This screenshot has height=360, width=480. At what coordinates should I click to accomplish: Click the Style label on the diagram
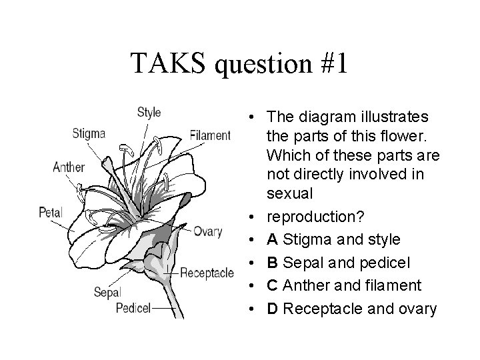click(x=149, y=112)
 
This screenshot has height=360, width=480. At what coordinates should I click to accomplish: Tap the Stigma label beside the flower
click(x=89, y=133)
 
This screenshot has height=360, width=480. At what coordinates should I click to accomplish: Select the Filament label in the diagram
click(x=210, y=135)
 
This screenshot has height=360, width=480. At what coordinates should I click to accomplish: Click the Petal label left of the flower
click(x=50, y=213)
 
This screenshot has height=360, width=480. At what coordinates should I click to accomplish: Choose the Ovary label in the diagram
click(x=207, y=231)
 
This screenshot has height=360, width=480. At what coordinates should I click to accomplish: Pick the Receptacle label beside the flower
click(x=207, y=272)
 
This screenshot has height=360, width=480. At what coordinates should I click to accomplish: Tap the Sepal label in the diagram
click(x=106, y=292)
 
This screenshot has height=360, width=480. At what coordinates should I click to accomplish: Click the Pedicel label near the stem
click(x=133, y=307)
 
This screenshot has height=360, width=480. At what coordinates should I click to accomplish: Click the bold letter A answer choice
click(x=272, y=239)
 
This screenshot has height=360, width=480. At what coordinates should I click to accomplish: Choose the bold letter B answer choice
click(x=272, y=262)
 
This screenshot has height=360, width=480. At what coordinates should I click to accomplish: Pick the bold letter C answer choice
click(x=272, y=285)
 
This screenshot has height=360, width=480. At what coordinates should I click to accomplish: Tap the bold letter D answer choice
click(x=272, y=309)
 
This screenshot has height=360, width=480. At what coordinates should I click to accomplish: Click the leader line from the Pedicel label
click(x=163, y=309)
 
